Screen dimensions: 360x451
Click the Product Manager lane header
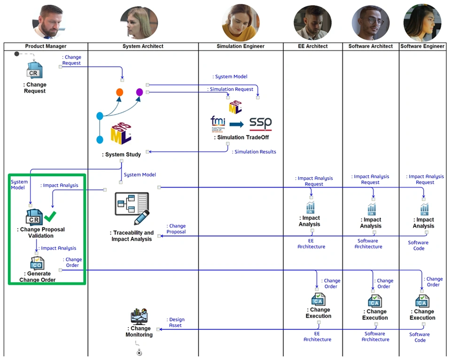click(x=46, y=47)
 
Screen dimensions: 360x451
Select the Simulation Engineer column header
click(x=241, y=47)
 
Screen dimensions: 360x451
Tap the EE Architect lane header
click(x=313, y=47)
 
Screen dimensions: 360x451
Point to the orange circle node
click(x=120, y=92)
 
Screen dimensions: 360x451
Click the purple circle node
click(x=140, y=92)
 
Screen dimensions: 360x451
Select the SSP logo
click(x=261, y=124)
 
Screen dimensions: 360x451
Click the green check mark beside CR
click(x=50, y=216)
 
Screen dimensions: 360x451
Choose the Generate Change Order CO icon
click(x=37, y=263)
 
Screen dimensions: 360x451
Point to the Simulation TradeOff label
click(x=241, y=137)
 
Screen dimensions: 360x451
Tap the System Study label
click(x=121, y=155)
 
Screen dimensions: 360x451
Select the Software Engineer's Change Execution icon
click(x=422, y=301)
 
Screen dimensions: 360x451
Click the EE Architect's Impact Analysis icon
click(x=311, y=208)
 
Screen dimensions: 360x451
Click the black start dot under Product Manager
click(x=17, y=54)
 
